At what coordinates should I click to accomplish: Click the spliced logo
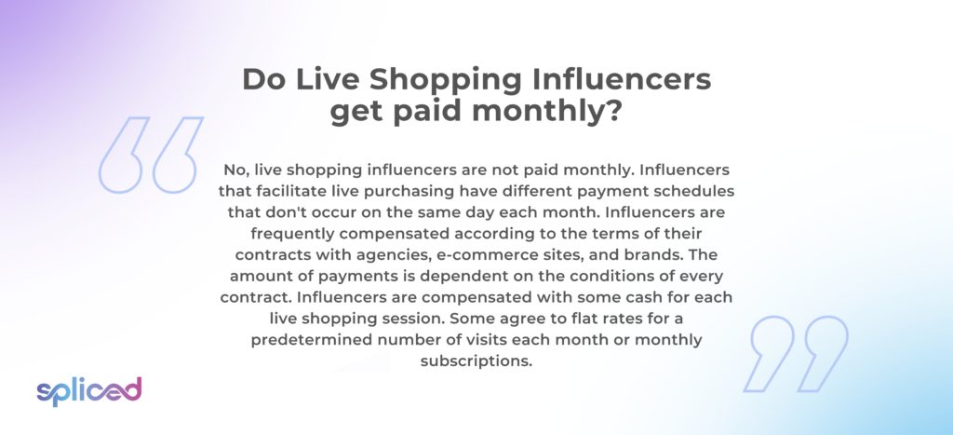pyautogui.click(x=88, y=391)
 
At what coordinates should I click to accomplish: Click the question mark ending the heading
pyautogui.click(x=611, y=112)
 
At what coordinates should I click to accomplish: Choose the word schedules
pyautogui.click(x=698, y=191)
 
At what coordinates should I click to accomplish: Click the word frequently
pyautogui.click(x=291, y=234)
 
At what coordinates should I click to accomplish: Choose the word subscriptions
pyautogui.click(x=476, y=361)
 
